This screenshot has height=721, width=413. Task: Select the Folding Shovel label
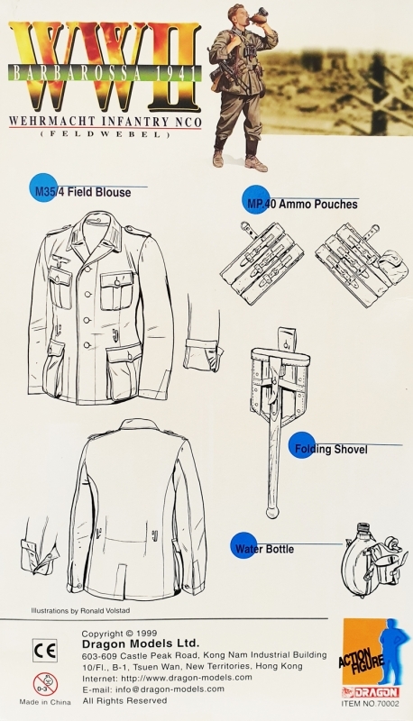tap(327, 449)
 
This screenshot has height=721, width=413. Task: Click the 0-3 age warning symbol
tap(43, 681)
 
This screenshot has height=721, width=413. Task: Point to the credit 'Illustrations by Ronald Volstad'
tap(86, 609)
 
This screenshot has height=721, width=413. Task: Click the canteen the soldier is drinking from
tap(244, 14)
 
